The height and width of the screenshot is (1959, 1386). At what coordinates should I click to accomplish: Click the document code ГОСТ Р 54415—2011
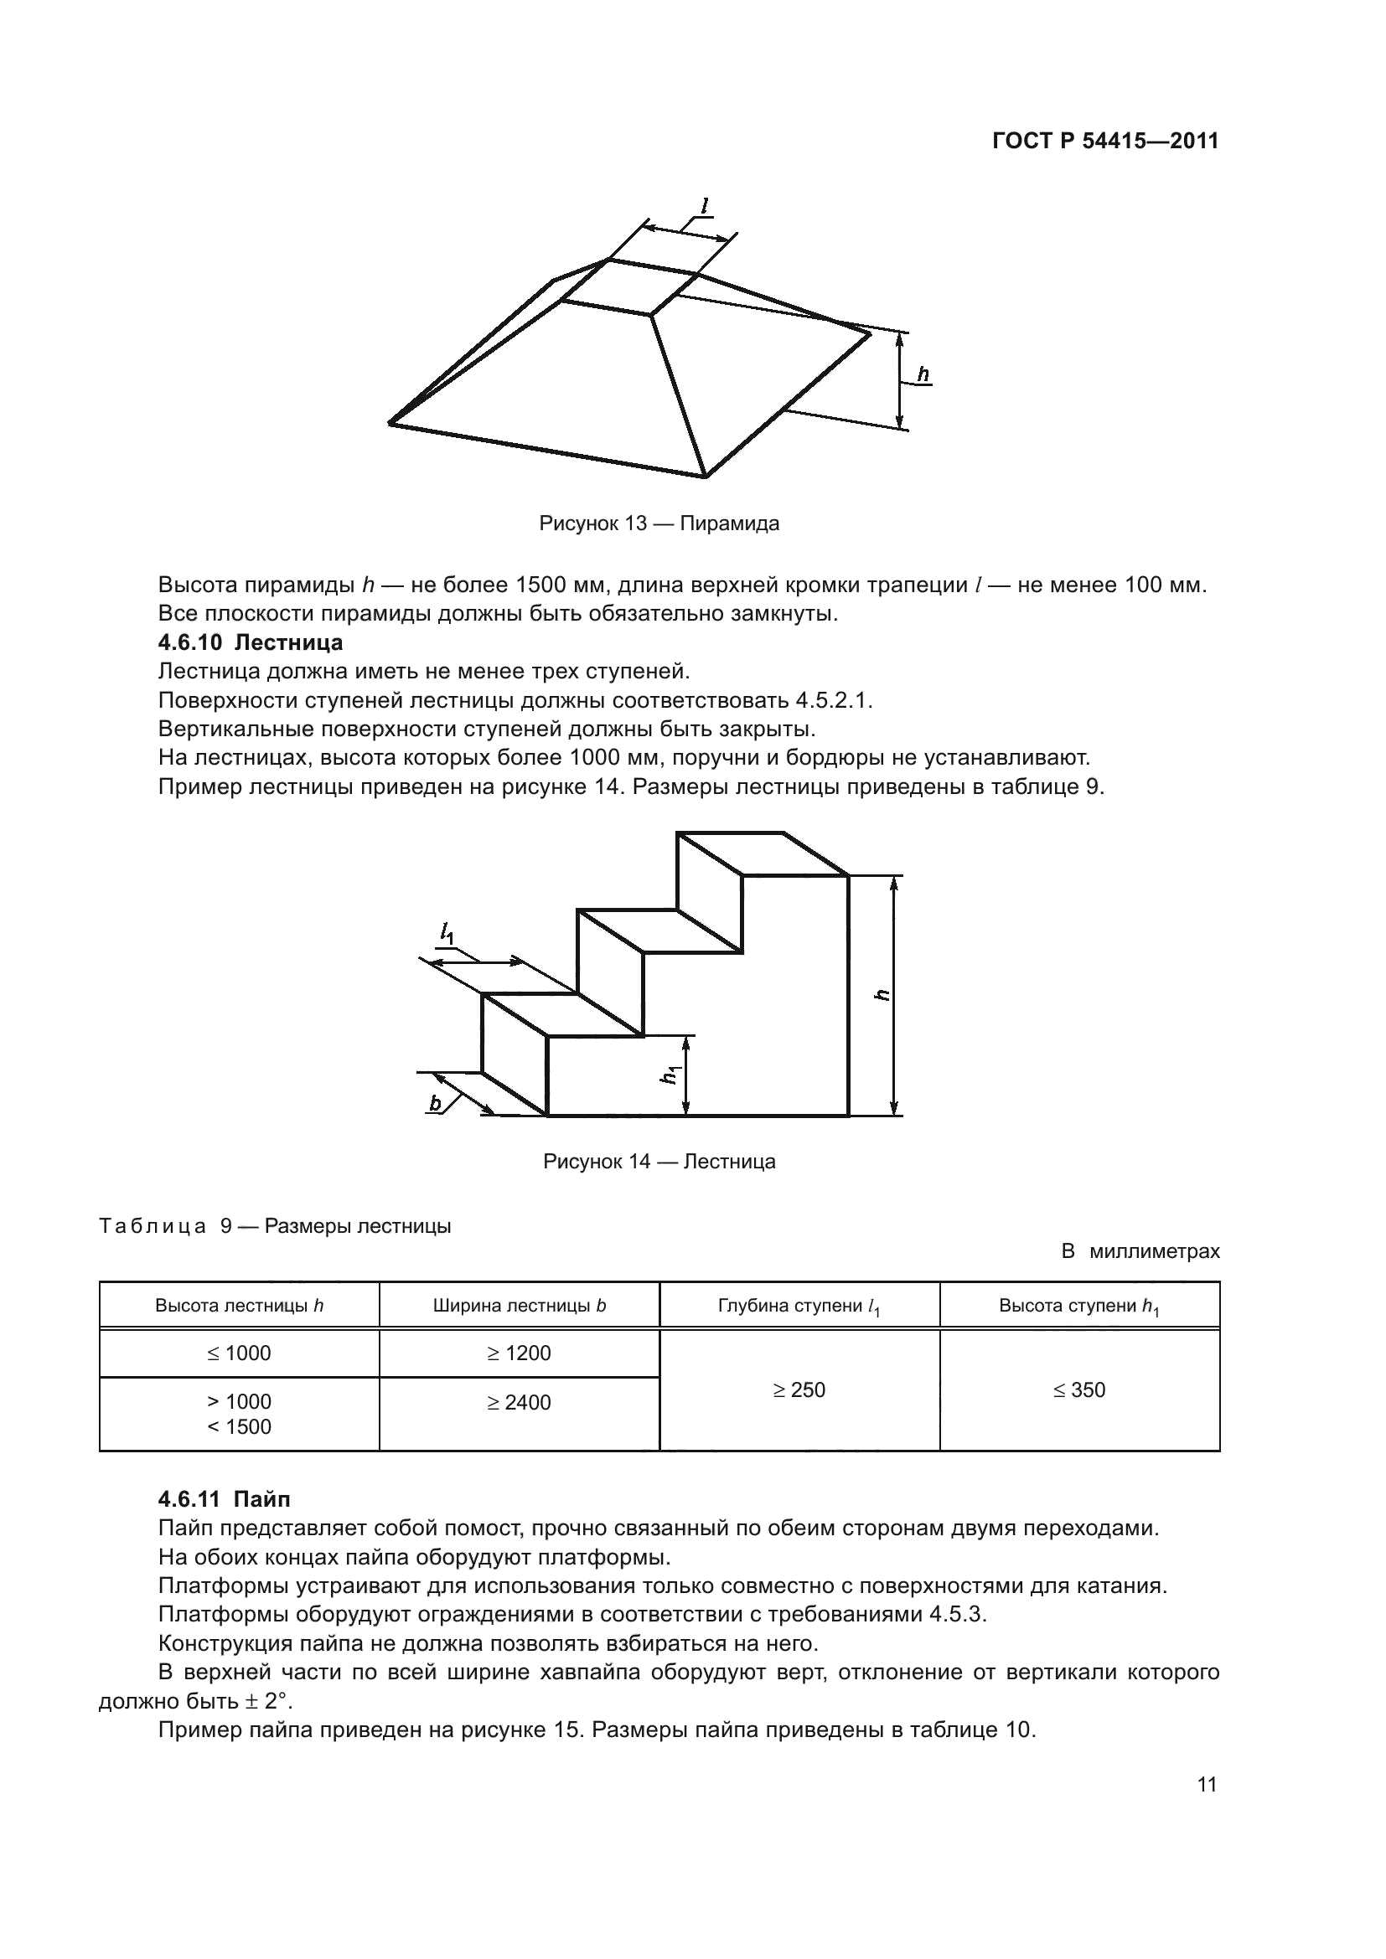(x=1105, y=142)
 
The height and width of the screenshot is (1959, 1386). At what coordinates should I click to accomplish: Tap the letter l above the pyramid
(x=704, y=206)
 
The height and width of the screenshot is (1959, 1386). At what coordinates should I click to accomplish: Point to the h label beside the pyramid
(x=923, y=374)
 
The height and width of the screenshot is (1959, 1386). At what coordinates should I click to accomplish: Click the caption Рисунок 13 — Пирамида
(x=659, y=523)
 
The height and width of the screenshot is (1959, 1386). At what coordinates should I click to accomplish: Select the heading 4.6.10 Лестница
(x=251, y=642)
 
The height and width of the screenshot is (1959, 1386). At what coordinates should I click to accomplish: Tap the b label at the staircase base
(x=435, y=1104)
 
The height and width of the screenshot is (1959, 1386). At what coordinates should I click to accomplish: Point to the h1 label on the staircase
(x=670, y=1075)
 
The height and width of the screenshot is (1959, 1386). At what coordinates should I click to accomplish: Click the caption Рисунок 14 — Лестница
(x=659, y=1161)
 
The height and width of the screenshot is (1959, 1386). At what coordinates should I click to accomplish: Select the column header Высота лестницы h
(x=239, y=1306)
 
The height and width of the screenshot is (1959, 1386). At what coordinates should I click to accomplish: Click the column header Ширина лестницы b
(x=519, y=1306)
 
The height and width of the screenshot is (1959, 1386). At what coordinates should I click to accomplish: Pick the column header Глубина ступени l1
(x=799, y=1307)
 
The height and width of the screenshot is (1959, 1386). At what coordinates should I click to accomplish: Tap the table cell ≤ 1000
(x=239, y=1353)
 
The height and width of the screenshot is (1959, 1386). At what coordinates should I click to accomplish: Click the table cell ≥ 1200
(x=519, y=1353)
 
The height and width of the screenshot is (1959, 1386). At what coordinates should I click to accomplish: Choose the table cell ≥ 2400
(x=519, y=1403)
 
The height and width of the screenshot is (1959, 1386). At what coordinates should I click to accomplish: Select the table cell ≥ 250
(x=799, y=1390)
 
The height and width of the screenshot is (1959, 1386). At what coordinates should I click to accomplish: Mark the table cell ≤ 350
(x=1078, y=1390)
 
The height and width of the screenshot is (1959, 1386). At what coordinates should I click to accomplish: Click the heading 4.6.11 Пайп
(x=225, y=1499)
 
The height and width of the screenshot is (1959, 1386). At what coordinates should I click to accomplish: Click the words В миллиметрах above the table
(x=1140, y=1251)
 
